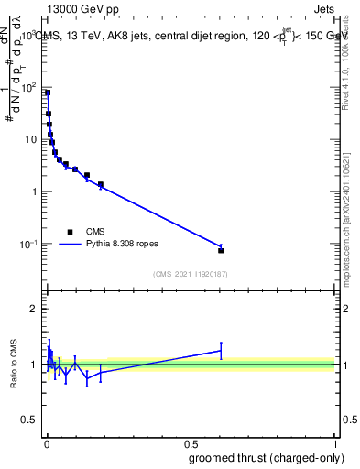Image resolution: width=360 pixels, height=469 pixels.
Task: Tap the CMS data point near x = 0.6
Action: click(221, 250)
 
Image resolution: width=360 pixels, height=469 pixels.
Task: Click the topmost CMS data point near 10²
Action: click(48, 93)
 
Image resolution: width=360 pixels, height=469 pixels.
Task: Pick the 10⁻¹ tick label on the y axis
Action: click(28, 244)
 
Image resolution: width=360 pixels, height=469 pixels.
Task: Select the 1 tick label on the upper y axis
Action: click(35, 191)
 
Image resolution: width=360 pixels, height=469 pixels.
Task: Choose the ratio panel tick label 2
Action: click(35, 309)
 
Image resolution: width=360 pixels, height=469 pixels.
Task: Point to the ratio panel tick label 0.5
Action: click(31, 421)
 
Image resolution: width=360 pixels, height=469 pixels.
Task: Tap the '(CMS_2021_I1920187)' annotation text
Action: click(190, 273)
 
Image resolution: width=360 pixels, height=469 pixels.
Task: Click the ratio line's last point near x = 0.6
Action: click(221, 350)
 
